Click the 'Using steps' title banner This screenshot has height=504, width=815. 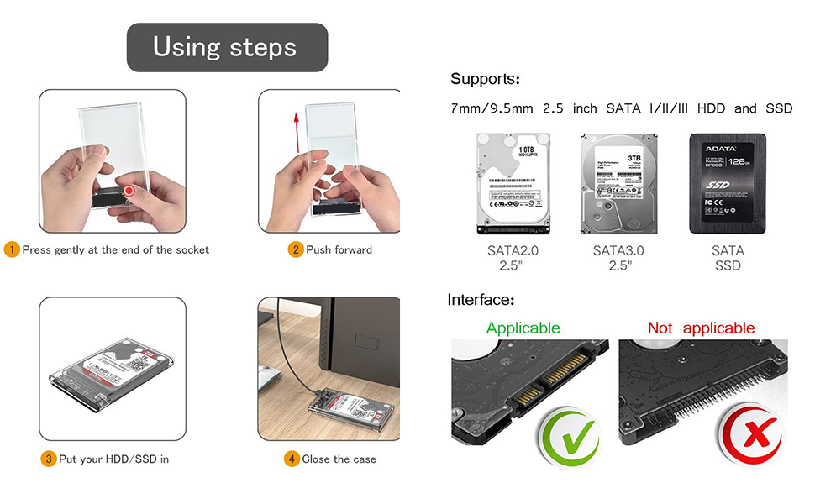[x=226, y=47]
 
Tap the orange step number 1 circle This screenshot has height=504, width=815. [x=12, y=249]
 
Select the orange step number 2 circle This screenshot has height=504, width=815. [x=295, y=249]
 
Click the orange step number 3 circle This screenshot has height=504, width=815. [x=49, y=459]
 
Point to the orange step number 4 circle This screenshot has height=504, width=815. [x=292, y=459]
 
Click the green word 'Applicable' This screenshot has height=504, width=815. [x=523, y=328]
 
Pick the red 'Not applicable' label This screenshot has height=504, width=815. [x=701, y=328]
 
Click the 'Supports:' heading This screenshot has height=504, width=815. [x=485, y=80]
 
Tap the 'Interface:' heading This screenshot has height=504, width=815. [x=481, y=300]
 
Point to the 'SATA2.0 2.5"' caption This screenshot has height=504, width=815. [x=513, y=258]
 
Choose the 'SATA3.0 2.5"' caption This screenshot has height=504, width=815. [x=618, y=258]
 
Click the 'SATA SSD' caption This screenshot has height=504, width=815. [x=728, y=258]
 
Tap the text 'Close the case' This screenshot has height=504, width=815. [x=339, y=459]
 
